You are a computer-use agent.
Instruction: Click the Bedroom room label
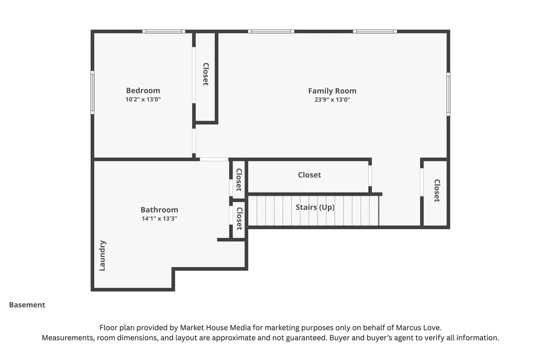coord(143,91)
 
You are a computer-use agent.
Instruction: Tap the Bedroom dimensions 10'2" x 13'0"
coord(143,99)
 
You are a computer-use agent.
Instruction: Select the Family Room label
coord(332,91)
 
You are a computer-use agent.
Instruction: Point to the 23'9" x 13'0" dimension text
coord(332,100)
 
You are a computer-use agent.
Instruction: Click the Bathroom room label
coord(159,210)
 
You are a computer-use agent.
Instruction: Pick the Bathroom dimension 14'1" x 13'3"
coord(159,219)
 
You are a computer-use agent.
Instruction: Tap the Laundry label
coord(102,255)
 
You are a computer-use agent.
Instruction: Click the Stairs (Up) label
coord(315,207)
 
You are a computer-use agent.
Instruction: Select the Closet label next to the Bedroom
coord(206,74)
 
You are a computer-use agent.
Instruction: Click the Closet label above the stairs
coord(309,175)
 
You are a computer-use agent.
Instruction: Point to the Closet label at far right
coord(437,191)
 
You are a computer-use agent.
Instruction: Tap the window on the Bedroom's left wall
coord(92,92)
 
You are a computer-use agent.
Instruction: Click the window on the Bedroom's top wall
coord(164,31)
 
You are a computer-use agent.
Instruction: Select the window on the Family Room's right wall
coord(448,94)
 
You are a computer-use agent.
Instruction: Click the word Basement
coord(27,305)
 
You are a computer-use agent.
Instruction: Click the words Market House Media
coord(216,328)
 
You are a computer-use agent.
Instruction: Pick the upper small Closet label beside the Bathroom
coord(239,179)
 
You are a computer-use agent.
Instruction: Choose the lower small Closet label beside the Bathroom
coord(239,219)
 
